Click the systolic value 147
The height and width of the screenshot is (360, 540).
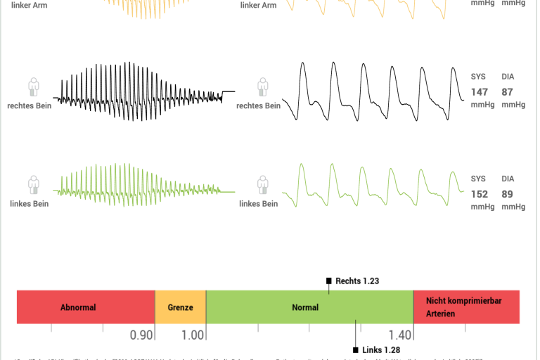[x=479, y=92]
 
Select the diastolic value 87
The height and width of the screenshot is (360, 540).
[x=507, y=92]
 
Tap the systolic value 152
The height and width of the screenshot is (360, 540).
[x=479, y=194]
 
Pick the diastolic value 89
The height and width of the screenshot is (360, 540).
[x=507, y=194]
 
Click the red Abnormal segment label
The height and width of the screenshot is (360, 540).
[x=78, y=307]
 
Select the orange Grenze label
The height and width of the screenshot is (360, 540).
[x=180, y=307]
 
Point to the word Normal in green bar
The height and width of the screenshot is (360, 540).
[x=305, y=307]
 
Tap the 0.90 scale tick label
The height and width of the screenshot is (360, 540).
[x=141, y=335]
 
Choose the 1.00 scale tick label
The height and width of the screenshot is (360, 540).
[x=193, y=335]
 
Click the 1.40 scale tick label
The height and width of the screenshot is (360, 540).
[x=399, y=335]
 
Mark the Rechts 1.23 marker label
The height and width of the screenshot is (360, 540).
[x=357, y=281]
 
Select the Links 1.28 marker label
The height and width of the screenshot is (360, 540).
[x=382, y=349]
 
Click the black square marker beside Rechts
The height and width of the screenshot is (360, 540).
[x=328, y=281]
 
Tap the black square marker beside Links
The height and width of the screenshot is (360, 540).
[x=356, y=349]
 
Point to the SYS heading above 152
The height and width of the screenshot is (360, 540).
[x=478, y=179]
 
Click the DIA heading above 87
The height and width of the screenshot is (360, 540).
[x=508, y=76]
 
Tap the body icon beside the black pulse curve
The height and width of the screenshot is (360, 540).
[x=262, y=88]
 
